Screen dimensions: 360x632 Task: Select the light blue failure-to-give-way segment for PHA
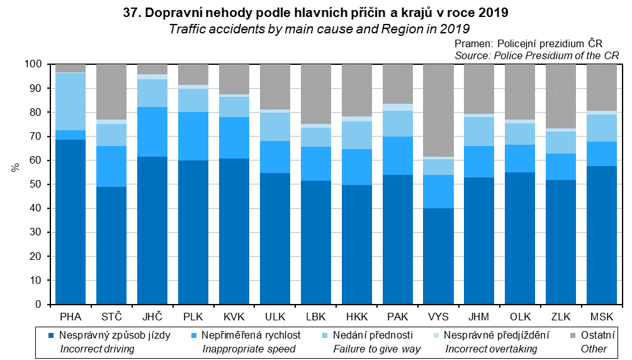[71, 101]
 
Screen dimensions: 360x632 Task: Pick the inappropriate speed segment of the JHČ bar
[152, 132]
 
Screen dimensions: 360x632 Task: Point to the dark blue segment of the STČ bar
[111, 245]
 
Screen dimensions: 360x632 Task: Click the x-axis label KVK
[234, 315]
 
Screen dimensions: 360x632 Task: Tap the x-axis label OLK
[520, 315]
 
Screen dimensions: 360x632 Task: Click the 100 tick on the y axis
[33, 65]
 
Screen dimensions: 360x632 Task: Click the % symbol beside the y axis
[14, 168]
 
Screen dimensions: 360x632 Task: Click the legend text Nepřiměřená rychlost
[251, 335]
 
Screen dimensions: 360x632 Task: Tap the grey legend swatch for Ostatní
[572, 335]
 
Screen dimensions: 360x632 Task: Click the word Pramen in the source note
[473, 44]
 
